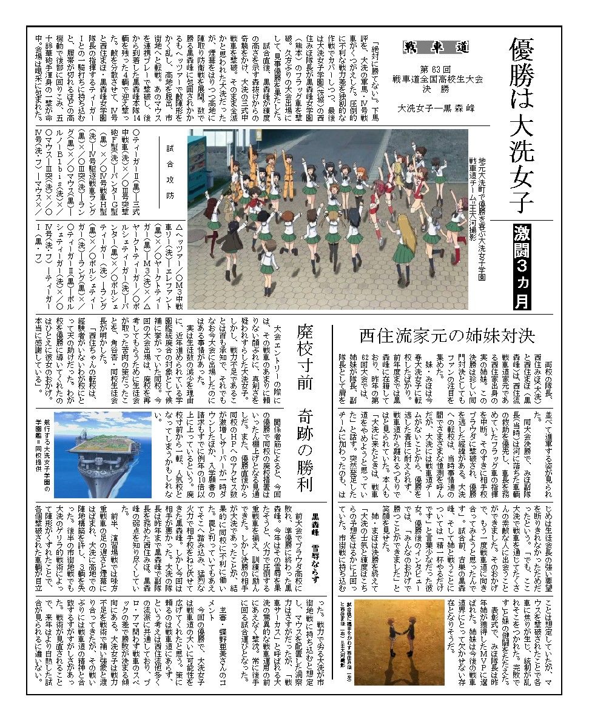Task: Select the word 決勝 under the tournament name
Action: [x=428, y=87]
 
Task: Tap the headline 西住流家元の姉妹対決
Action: [x=446, y=335]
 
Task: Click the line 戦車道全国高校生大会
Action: [x=428, y=77]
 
